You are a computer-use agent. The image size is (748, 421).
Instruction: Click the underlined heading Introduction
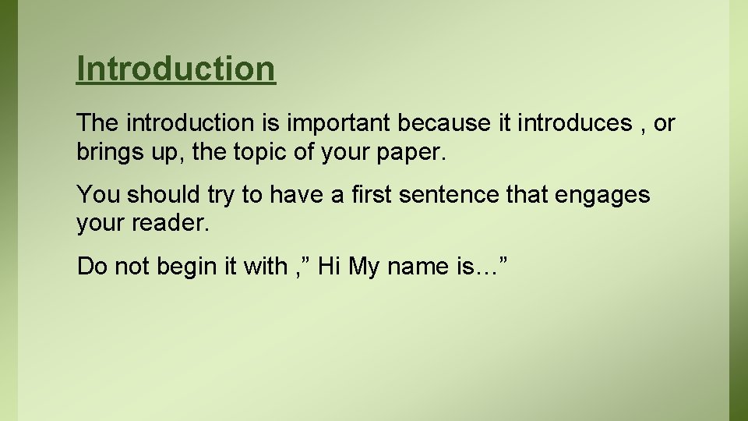tap(176, 69)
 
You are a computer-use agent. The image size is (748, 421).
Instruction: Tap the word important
tap(341, 123)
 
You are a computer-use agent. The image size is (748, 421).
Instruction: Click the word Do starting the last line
tap(92, 267)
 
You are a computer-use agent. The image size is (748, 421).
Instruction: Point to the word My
tap(363, 267)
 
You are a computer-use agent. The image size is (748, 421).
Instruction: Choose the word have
tap(298, 195)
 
